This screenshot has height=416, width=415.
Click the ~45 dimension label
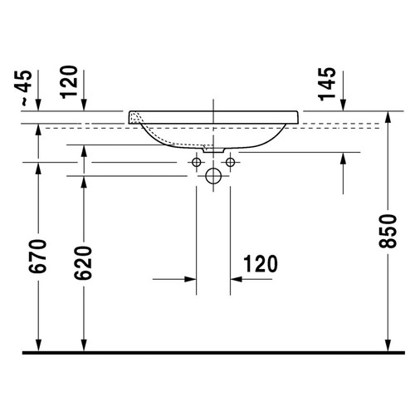point(25,86)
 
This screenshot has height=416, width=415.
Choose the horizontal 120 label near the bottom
point(260,265)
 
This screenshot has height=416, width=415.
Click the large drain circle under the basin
point(213,175)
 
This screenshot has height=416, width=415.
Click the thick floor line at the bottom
point(207,352)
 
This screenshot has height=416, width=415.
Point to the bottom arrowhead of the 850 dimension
point(388,344)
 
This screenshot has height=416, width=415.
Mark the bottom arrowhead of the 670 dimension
point(39,344)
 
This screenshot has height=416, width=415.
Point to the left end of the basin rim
point(130,114)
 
